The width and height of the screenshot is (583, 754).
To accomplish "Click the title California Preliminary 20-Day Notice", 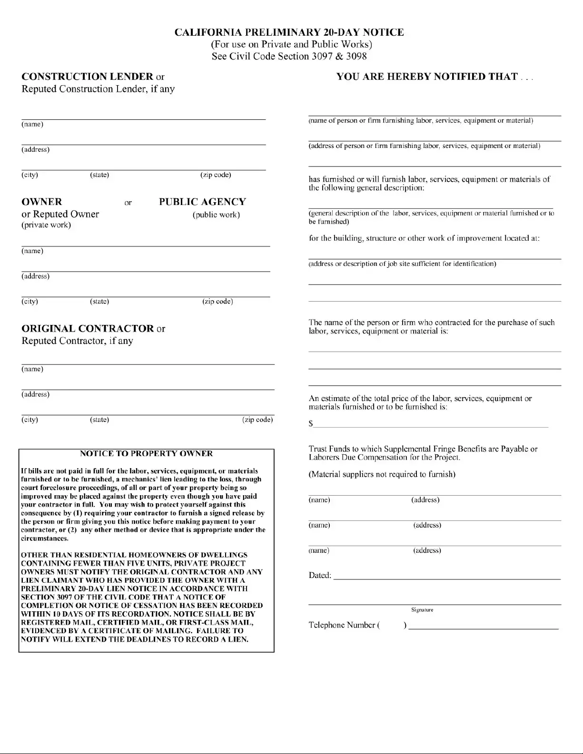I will pyautogui.click(x=289, y=32).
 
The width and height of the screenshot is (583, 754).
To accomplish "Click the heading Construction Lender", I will pyautogui.click(x=88, y=77).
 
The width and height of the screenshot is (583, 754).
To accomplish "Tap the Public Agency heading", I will pyautogui.click(x=202, y=202).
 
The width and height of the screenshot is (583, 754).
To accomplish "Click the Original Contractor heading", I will pyautogui.click(x=88, y=329).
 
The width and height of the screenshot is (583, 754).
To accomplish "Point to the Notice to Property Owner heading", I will pyautogui.click(x=146, y=453).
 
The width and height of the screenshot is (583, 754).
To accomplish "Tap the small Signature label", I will pyautogui.click(x=422, y=610).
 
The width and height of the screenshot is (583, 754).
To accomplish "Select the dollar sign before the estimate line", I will pyautogui.click(x=311, y=423).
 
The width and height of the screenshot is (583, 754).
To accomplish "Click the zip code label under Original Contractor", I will pyautogui.click(x=257, y=420).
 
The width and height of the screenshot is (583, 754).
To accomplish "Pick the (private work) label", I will pyautogui.click(x=46, y=225).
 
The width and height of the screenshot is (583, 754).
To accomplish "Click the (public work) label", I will pyautogui.click(x=216, y=215).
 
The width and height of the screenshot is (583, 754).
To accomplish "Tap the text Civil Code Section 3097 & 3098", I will pyautogui.click(x=289, y=56).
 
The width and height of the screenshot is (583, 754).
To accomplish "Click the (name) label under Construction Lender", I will pyautogui.click(x=32, y=124).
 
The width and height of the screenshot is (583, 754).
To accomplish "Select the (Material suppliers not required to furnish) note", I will pyautogui.click(x=382, y=474).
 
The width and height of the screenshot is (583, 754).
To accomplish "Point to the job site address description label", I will pyautogui.click(x=402, y=264).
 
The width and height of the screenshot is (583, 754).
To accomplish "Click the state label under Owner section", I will pyautogui.click(x=99, y=301).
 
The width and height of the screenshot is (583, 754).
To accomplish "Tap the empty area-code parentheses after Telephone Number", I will pyautogui.click(x=392, y=625).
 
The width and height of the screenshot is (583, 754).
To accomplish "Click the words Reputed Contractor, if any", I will pyautogui.click(x=77, y=341).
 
